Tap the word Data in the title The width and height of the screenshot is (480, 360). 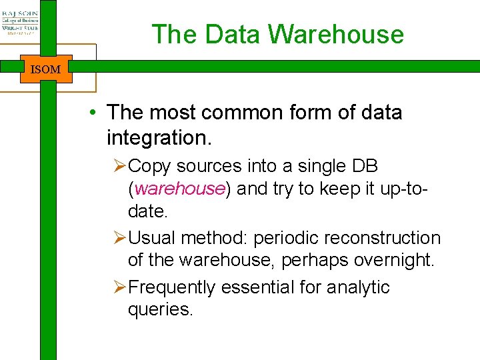tap(231, 35)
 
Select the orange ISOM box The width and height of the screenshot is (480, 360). tap(45, 69)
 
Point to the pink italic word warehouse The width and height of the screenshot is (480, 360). tap(179, 189)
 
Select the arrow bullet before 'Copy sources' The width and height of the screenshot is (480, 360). tap(120, 165)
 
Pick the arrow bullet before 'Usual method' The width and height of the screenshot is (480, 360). tap(120, 238)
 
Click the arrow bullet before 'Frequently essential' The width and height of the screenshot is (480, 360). tap(120, 287)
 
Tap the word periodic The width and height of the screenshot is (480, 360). tap(285, 238)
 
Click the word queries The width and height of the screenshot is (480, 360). tap(160, 310)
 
